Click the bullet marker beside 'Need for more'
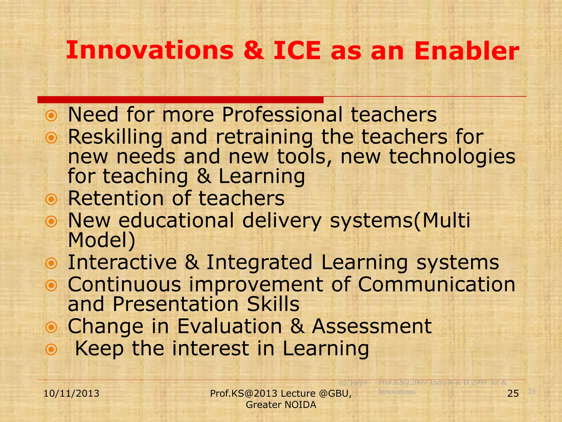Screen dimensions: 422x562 pos(51,116)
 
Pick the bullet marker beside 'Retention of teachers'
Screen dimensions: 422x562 pos(51,199)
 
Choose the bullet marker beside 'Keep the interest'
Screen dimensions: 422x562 pos(51,350)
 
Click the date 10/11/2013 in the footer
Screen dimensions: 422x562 pos(71,393)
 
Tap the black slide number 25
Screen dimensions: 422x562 pos(513,393)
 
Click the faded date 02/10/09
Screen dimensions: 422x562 pos(353,383)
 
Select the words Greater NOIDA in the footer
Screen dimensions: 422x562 pos(281,405)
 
